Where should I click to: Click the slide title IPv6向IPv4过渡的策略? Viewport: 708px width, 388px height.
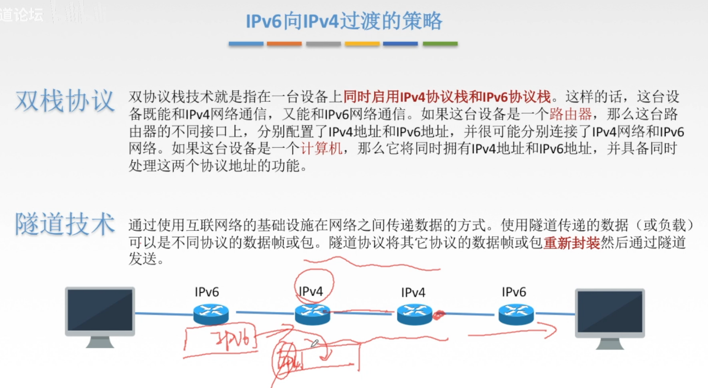(x=344, y=21)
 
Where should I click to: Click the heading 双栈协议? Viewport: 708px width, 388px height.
(x=65, y=101)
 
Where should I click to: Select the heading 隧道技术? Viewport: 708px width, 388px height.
(x=65, y=224)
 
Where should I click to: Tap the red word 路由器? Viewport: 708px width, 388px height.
(x=570, y=114)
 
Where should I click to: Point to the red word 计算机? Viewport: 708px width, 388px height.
(x=321, y=148)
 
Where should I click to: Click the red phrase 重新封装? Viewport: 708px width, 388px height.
(x=572, y=242)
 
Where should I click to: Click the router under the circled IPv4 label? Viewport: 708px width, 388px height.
(x=312, y=314)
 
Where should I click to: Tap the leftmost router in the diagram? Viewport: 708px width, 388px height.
(x=211, y=314)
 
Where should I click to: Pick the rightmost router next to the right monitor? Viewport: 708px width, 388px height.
(x=516, y=314)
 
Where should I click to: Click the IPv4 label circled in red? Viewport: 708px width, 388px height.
(x=311, y=292)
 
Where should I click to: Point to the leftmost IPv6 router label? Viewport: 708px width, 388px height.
(x=207, y=292)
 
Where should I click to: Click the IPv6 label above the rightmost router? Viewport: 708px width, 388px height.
(x=514, y=292)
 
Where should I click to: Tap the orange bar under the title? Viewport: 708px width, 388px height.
(x=284, y=44)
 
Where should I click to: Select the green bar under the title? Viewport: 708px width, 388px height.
(x=440, y=44)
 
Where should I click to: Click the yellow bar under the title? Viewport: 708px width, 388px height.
(x=362, y=44)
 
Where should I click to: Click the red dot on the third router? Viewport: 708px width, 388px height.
(x=438, y=315)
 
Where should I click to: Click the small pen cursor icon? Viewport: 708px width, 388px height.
(x=314, y=343)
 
